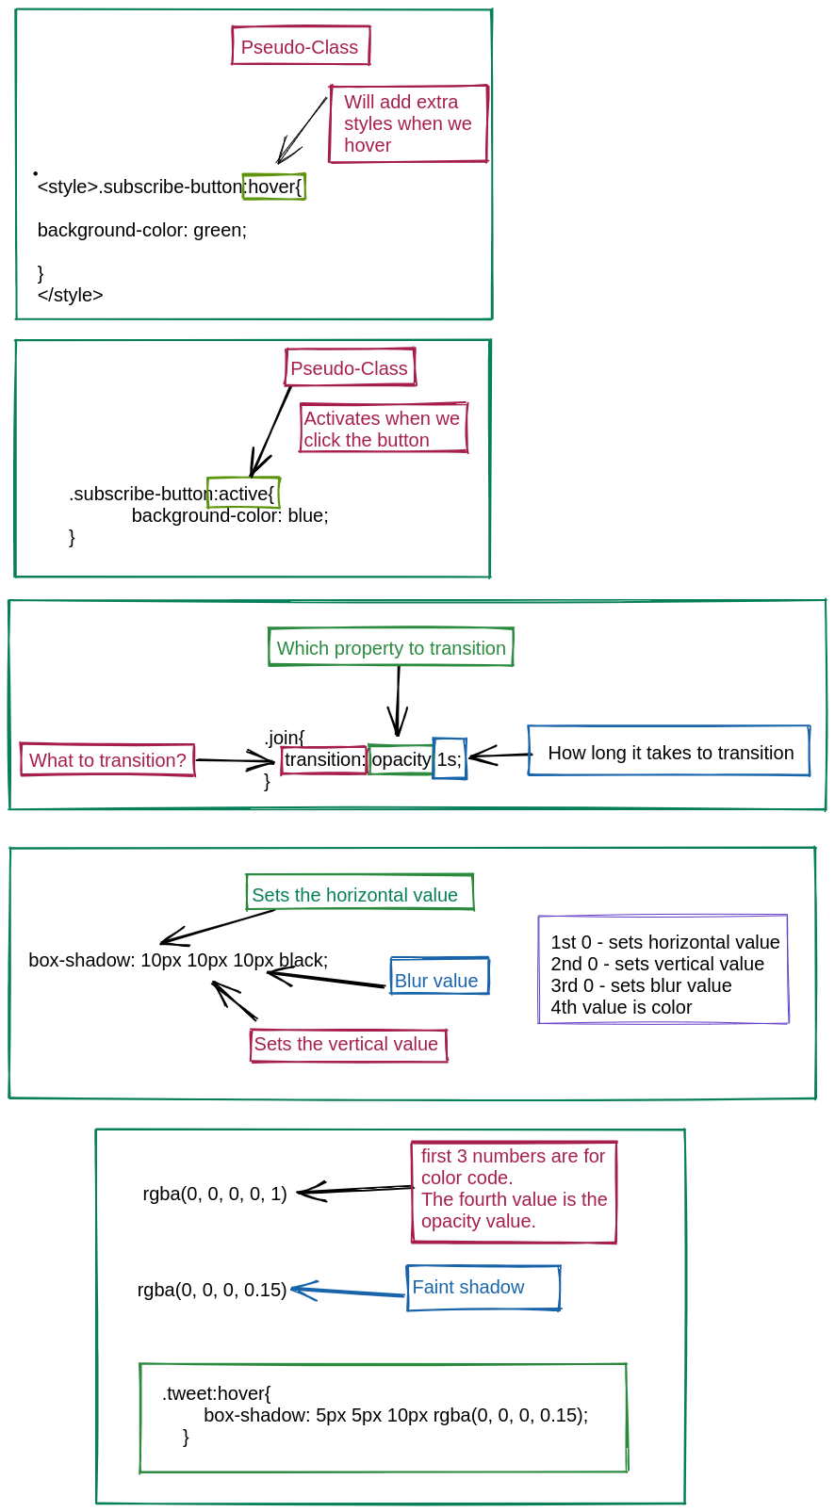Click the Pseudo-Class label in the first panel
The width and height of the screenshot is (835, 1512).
(301, 46)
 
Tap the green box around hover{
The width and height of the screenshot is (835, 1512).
(274, 187)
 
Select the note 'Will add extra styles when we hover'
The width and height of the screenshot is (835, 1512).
(408, 123)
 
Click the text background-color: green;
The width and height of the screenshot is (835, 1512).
(142, 230)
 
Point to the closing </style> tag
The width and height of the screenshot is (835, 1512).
(71, 295)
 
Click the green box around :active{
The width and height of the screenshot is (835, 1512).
(244, 493)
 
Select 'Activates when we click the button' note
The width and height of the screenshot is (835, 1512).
(383, 429)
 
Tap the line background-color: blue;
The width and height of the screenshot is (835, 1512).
(230, 515)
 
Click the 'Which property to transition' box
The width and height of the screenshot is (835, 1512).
(391, 647)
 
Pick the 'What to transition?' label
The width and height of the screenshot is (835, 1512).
(107, 759)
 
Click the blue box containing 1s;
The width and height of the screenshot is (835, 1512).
(450, 759)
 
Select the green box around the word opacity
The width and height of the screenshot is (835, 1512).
(401, 759)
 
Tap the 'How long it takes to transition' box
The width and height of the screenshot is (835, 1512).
(669, 752)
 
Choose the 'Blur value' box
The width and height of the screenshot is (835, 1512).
(439, 979)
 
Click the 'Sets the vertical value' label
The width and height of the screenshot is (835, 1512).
(348, 1044)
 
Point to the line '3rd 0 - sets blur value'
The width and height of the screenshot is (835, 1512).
(642, 985)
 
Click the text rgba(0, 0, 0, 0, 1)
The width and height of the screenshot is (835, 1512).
(215, 1194)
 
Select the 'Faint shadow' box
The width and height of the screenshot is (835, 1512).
(483, 1287)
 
